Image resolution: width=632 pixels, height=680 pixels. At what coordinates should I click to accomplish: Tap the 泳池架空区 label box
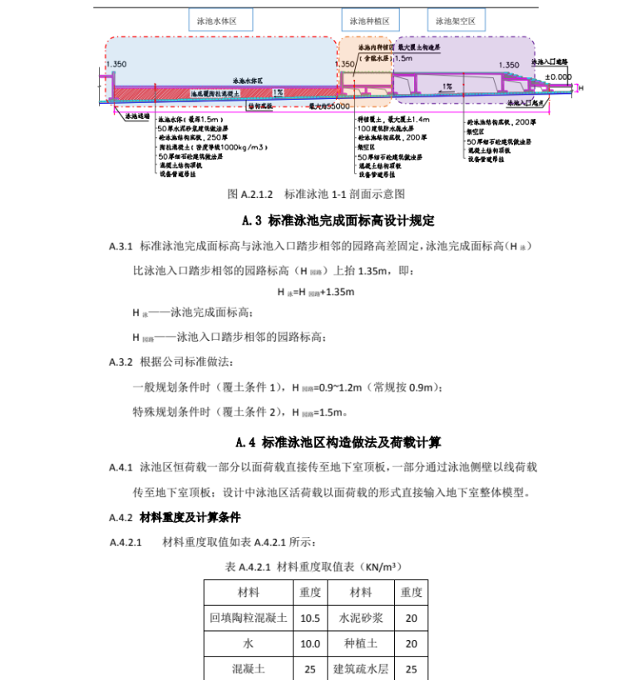457,22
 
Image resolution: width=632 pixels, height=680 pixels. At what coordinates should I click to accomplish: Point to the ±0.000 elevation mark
559,76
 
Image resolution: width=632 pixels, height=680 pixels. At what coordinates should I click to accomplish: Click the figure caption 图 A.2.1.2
316,194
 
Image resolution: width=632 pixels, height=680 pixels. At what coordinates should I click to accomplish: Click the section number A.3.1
121,248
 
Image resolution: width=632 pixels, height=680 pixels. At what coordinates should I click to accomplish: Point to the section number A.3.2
121,362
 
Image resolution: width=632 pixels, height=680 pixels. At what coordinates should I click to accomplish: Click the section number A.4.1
121,468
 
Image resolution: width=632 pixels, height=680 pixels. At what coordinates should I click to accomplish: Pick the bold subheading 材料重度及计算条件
190,517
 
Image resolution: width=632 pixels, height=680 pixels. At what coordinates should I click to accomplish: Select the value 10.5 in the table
310,618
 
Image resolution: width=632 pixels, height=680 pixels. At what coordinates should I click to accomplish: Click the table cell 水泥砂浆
361,618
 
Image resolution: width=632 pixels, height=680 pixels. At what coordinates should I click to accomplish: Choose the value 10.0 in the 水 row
310,643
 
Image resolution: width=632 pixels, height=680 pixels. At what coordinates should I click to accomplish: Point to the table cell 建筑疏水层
361,668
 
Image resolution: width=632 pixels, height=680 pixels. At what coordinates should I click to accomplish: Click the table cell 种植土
361,643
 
